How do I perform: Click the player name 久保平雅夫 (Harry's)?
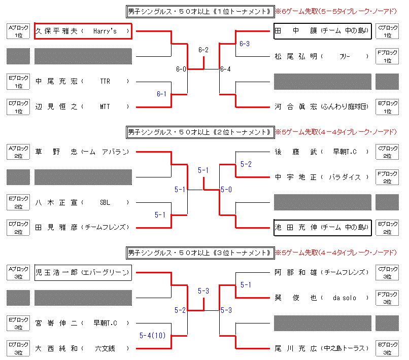(x=83, y=31)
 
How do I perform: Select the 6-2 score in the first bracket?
(x=203, y=50)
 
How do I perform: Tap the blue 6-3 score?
(x=245, y=44)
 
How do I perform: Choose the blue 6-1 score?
(x=162, y=94)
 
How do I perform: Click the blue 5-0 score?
(x=226, y=190)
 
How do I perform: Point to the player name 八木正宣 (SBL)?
(x=83, y=202)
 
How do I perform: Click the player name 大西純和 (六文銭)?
(x=83, y=348)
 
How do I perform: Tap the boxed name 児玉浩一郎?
(x=83, y=272)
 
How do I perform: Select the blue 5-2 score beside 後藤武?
(x=246, y=164)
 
